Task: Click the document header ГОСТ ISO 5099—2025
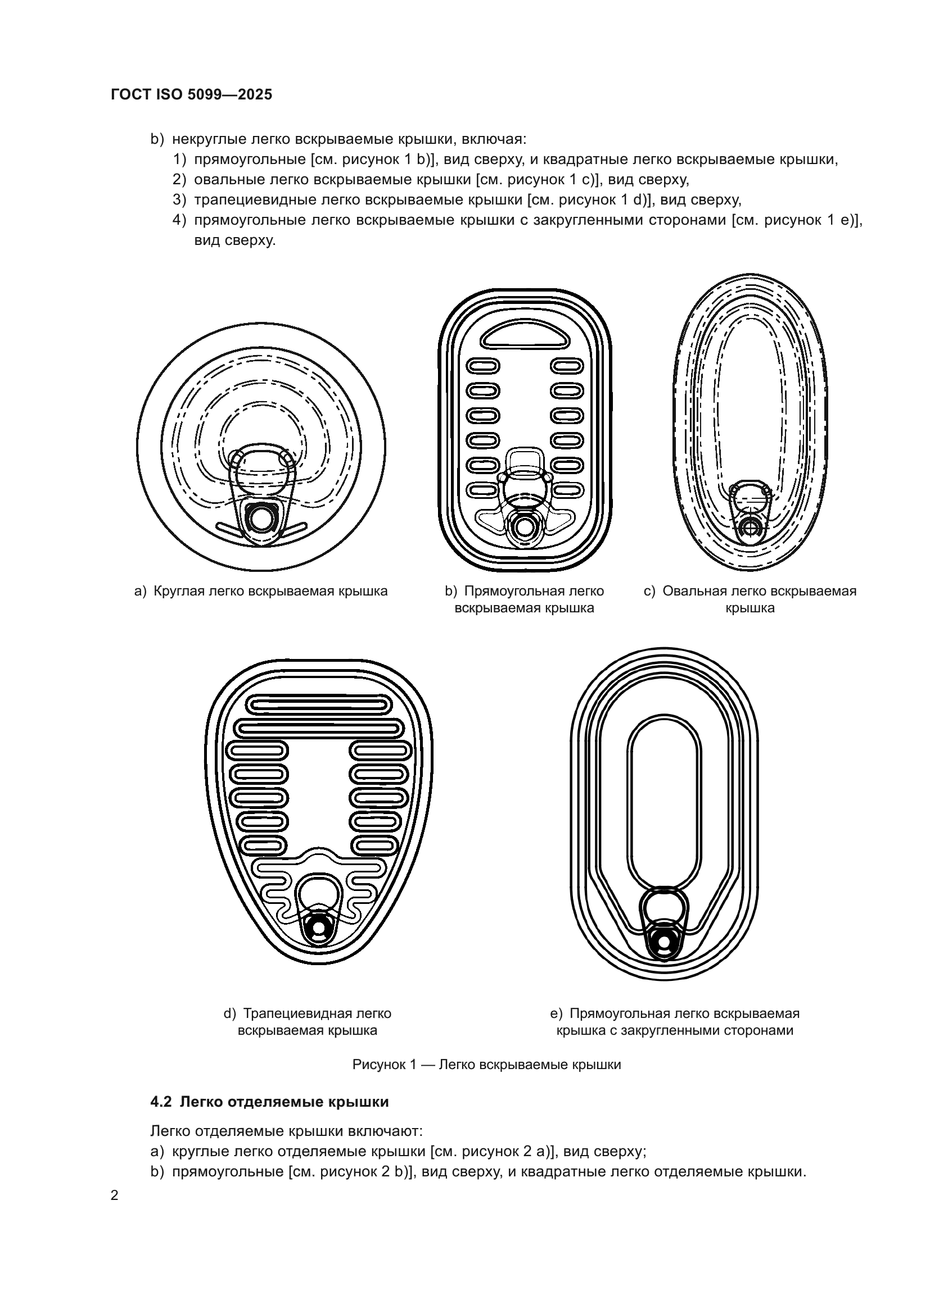[x=191, y=95]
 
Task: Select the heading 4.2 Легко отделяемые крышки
[x=270, y=1101]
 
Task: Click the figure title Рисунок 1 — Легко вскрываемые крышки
[x=486, y=1065]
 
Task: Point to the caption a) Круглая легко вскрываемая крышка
[x=260, y=591]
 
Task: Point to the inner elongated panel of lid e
[x=664, y=801]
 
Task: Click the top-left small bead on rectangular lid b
[x=484, y=366]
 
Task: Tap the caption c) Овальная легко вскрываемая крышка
[x=750, y=599]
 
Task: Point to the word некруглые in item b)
[x=209, y=139]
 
